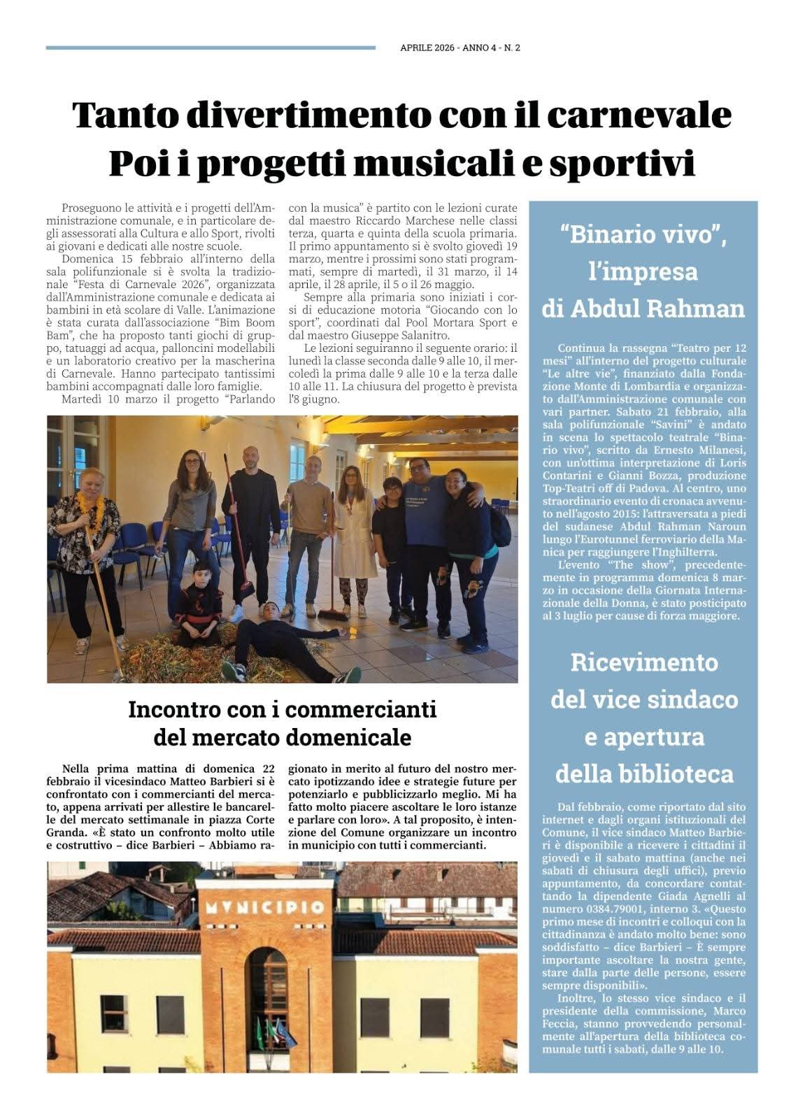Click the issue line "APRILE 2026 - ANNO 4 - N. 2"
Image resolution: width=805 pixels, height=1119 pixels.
[460, 48]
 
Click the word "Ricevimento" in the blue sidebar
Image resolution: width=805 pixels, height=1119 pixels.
[643, 662]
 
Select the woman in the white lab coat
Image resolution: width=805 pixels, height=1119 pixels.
[350, 532]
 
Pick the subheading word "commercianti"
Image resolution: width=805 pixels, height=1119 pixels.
[360, 709]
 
